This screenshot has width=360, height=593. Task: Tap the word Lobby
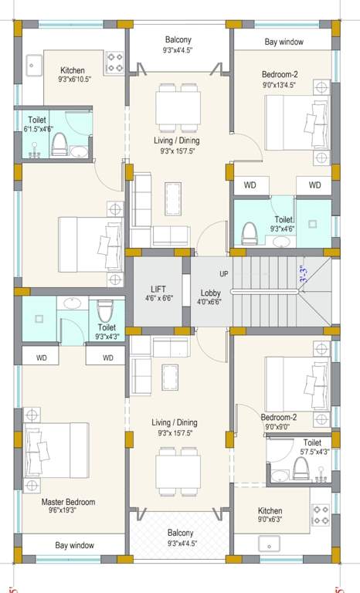click(210, 293)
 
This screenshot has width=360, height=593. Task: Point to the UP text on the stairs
click(224, 274)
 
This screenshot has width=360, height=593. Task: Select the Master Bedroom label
click(68, 502)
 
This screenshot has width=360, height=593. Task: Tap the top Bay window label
click(284, 42)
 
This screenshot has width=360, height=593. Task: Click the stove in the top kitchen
click(116, 61)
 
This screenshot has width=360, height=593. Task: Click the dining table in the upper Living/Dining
click(178, 103)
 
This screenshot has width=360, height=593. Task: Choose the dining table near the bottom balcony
click(178, 470)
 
